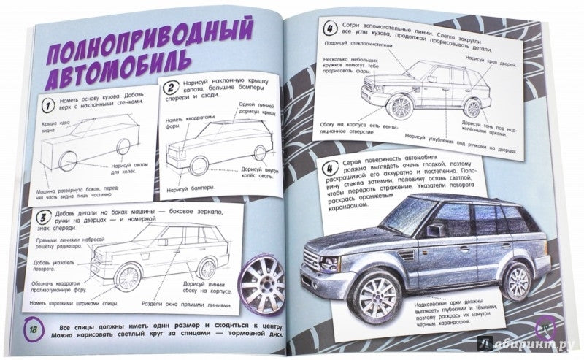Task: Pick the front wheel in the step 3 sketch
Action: (x=129, y=277)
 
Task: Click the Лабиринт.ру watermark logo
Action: (x=529, y=346)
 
